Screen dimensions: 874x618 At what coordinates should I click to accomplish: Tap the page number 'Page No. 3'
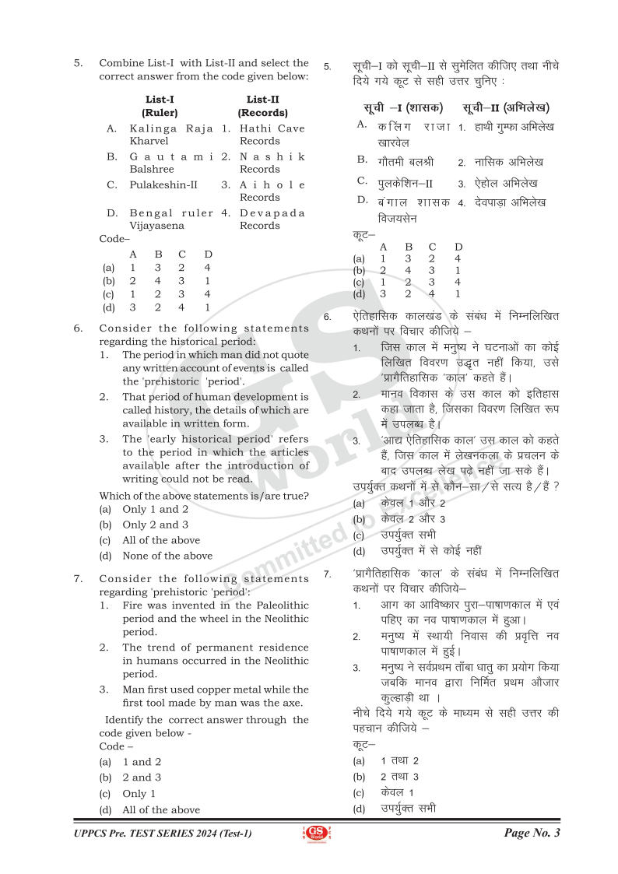[532, 834]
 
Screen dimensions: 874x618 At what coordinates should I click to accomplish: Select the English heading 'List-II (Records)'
[262, 106]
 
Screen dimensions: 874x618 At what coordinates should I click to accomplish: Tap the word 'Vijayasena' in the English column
[158, 226]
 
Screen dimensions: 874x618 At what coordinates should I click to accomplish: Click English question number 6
[78, 328]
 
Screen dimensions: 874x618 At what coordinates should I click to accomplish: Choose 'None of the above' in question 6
[167, 556]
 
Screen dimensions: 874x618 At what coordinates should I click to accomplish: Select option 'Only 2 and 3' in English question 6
[155, 525]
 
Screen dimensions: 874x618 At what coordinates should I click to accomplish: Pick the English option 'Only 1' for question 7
[139, 794]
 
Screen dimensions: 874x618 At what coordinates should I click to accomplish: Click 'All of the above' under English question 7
[160, 809]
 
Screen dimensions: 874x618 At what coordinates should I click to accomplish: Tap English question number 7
[78, 579]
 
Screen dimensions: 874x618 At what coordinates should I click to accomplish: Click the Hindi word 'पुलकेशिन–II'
[406, 184]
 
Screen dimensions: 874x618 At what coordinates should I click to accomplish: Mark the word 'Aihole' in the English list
[272, 185]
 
